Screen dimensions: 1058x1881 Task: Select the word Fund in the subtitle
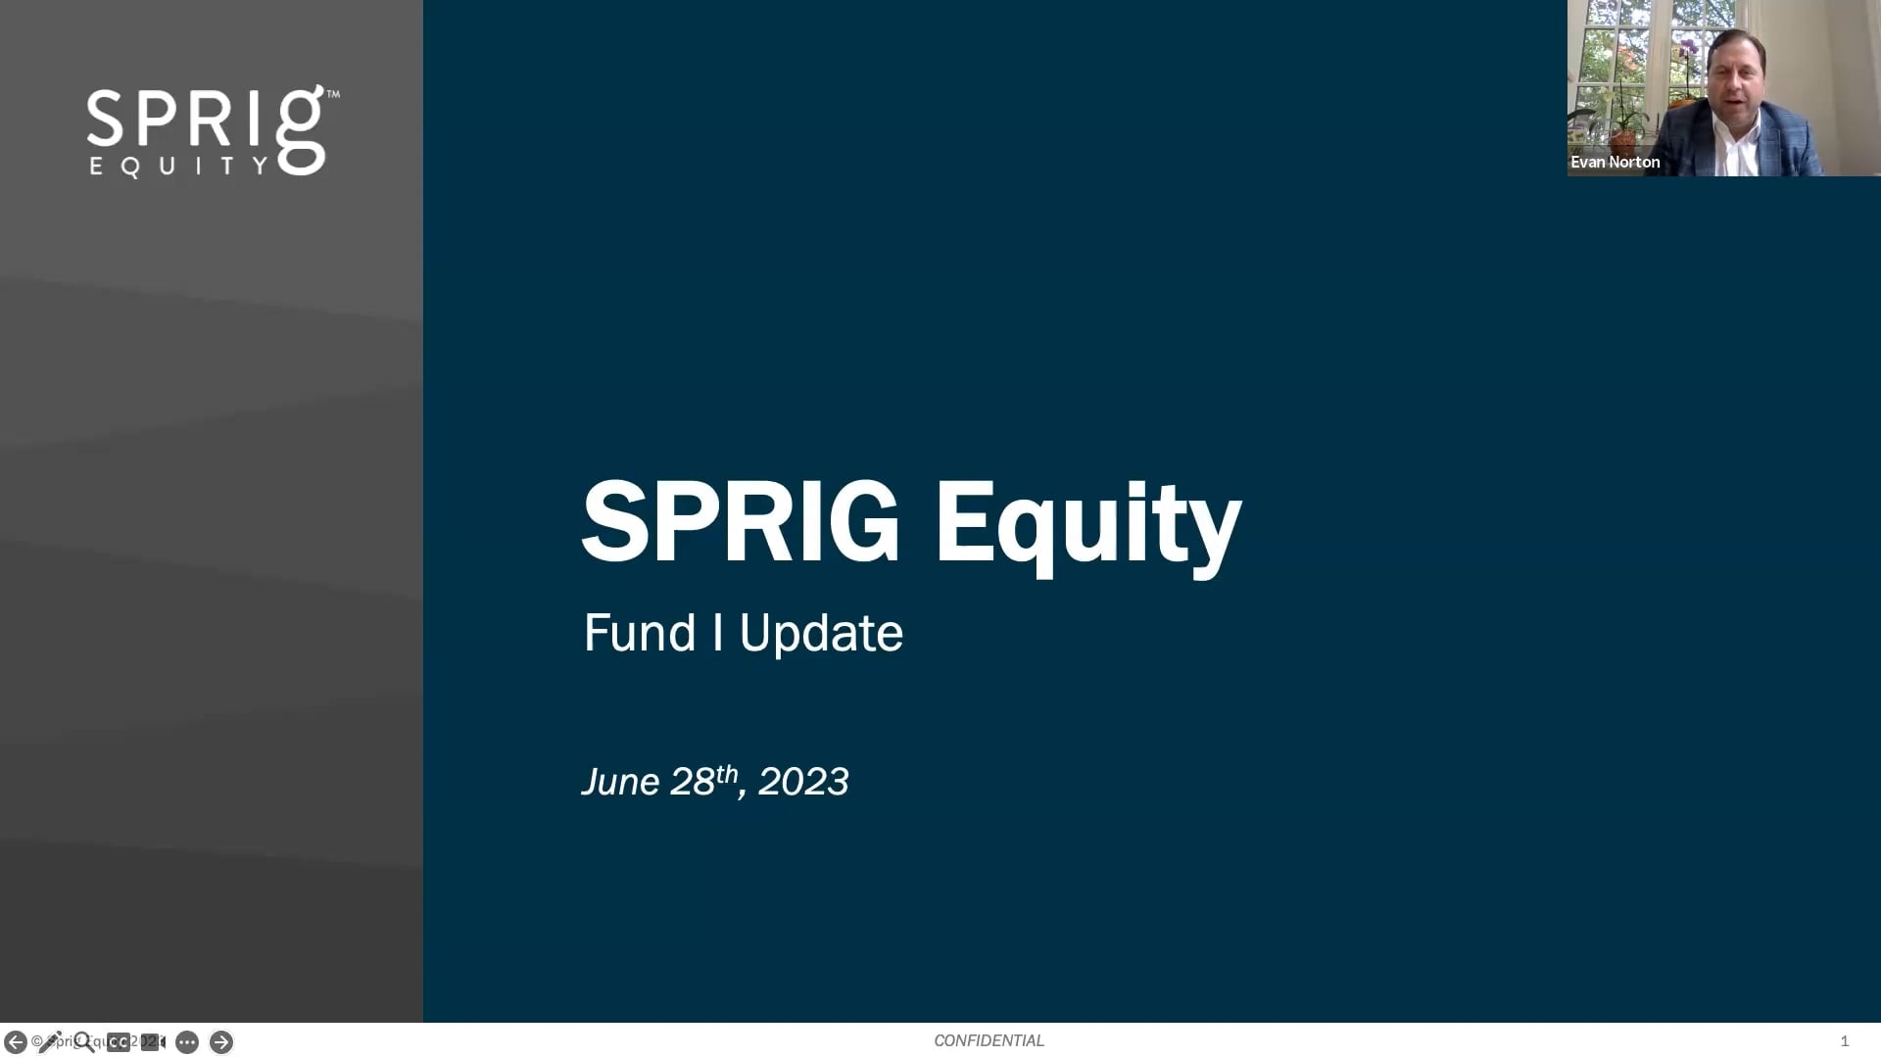(x=639, y=633)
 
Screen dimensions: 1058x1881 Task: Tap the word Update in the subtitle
(x=821, y=633)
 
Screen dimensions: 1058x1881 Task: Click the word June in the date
(x=620, y=782)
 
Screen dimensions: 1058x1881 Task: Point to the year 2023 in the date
(x=803, y=782)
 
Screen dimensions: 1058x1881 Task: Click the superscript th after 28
(x=726, y=774)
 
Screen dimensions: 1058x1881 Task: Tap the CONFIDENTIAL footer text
(x=989, y=1040)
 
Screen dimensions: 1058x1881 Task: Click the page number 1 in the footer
(x=1844, y=1041)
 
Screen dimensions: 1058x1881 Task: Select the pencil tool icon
(x=49, y=1041)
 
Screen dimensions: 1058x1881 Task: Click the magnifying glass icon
(x=84, y=1041)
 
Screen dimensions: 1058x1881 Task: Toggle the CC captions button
(x=119, y=1042)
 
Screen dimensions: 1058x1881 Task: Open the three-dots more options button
(x=187, y=1042)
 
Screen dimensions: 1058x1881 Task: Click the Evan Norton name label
(x=1615, y=163)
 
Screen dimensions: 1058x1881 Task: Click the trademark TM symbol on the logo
(x=333, y=95)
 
